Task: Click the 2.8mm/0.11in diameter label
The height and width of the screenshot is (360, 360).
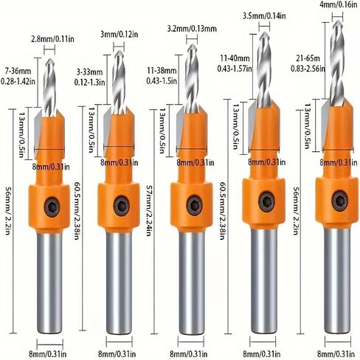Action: [52, 39]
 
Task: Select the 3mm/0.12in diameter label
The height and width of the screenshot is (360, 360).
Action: [120, 34]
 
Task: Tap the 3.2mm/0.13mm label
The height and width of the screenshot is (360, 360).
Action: [192, 29]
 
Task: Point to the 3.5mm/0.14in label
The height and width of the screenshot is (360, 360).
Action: [264, 16]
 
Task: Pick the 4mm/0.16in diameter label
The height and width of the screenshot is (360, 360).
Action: [339, 5]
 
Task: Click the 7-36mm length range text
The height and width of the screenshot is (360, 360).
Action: [18, 72]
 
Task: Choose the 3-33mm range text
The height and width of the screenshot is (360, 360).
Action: [89, 72]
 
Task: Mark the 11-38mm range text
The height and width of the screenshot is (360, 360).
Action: [162, 71]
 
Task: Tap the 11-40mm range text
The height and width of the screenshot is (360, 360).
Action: [235, 58]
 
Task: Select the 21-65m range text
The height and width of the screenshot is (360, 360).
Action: [308, 58]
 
